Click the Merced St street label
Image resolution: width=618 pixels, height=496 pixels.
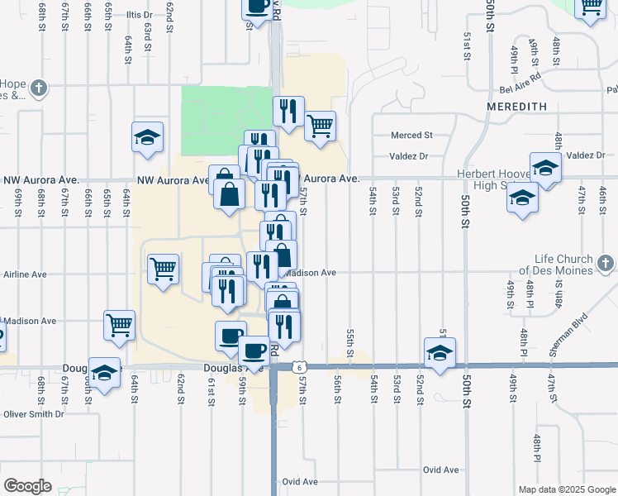click(x=412, y=135)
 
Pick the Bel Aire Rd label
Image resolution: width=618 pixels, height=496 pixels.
click(x=519, y=90)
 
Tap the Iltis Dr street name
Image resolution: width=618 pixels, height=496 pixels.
click(x=140, y=15)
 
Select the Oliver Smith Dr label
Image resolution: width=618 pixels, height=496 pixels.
click(x=33, y=414)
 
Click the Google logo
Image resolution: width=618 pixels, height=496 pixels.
click(x=27, y=486)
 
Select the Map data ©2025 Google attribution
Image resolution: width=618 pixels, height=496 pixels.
click(x=566, y=489)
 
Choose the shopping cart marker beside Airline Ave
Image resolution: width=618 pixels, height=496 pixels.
click(x=163, y=268)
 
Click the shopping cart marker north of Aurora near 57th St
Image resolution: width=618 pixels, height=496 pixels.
click(x=319, y=126)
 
